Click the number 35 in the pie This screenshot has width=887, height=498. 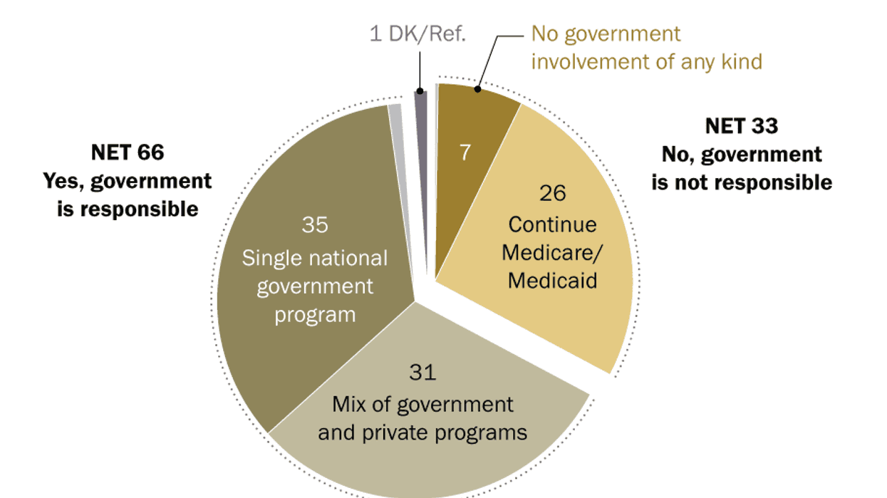[314, 224]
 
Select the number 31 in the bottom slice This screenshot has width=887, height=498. [422, 372]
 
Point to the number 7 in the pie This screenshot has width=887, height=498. [465, 152]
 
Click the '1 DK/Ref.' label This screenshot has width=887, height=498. [417, 34]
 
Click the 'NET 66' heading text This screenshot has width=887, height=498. [128, 152]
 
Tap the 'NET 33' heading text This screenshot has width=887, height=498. [741, 126]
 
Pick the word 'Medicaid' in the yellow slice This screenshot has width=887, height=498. [552, 280]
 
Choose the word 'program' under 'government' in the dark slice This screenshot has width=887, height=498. [314, 314]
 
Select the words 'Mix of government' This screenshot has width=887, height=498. [422, 404]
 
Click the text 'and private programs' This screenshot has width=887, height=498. [422, 432]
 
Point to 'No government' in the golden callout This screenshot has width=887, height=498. [606, 33]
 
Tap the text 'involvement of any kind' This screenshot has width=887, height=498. [646, 61]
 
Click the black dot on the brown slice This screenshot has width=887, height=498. [478, 90]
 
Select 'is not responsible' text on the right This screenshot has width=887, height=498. [741, 182]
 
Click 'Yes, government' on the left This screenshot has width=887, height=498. [128, 180]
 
